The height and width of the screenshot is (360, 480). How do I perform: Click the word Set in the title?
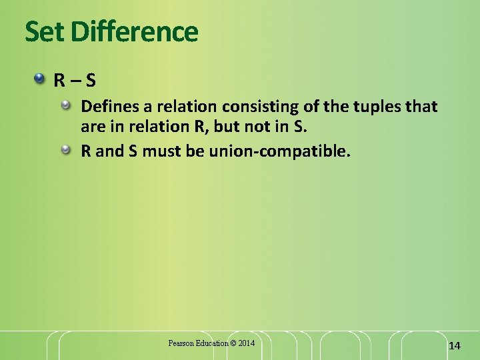(45, 31)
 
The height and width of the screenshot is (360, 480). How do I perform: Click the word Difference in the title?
(133, 31)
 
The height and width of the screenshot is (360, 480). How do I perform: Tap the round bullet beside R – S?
(41, 80)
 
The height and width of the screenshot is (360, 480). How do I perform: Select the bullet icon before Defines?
(67, 105)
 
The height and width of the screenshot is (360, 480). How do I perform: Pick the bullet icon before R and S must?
(67, 151)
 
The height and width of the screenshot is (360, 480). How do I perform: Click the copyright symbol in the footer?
(233, 343)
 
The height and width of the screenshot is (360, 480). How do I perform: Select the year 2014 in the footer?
(246, 343)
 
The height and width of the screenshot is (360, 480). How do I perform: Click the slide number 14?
(455, 345)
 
